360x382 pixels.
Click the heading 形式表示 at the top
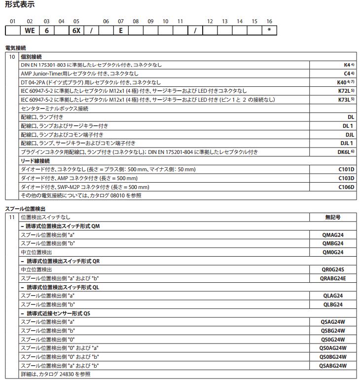(x=20, y=5)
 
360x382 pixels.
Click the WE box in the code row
(x=30, y=31)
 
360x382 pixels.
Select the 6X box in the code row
(x=76, y=31)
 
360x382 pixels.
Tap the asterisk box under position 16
(x=269, y=31)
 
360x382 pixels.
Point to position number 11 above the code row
(x=180, y=21)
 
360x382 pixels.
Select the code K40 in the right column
(x=343, y=82)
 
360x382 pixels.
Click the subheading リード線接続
(x=36, y=161)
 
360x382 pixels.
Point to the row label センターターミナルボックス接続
(x=55, y=109)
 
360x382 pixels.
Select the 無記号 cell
(x=332, y=217)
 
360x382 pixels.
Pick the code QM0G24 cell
(x=332, y=252)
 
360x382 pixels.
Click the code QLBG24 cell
(x=332, y=305)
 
